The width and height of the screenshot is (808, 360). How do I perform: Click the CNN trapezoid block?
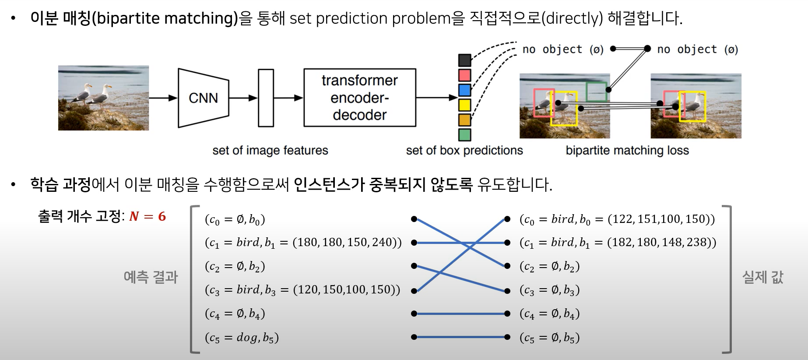click(204, 98)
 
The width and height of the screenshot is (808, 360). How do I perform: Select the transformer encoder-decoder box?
click(360, 98)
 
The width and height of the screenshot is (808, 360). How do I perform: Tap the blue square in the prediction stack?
click(464, 90)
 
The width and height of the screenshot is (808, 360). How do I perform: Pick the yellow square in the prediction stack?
click(464, 105)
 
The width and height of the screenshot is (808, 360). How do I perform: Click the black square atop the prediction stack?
click(464, 60)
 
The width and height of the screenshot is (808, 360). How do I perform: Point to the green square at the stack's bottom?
click(464, 134)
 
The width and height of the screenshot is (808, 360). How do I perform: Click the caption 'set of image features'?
click(270, 151)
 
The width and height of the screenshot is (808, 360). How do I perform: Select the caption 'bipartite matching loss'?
click(627, 151)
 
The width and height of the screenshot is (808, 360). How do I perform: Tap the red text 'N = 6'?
click(148, 216)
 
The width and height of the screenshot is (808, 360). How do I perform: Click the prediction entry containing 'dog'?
click(242, 338)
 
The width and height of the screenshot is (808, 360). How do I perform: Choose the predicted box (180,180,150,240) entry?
click(303, 243)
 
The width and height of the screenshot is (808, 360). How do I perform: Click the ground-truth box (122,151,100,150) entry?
click(617, 219)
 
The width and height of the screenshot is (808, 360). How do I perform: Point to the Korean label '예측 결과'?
click(151, 277)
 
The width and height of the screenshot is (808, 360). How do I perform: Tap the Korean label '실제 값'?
click(762, 277)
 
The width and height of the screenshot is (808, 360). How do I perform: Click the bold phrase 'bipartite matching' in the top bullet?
click(165, 18)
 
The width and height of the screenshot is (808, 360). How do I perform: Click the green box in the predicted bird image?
click(597, 92)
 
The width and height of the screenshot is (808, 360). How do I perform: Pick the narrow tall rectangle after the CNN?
click(266, 98)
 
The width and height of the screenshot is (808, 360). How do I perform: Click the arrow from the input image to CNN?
click(163, 98)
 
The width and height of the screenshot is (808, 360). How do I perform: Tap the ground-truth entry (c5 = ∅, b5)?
click(549, 338)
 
